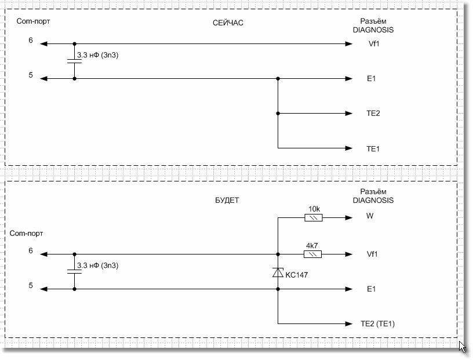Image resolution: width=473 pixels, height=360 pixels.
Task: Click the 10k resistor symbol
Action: pos(313,218)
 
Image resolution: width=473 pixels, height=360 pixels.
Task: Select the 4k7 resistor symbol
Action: pos(313,254)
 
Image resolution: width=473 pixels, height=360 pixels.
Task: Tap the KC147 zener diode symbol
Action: pos(278,272)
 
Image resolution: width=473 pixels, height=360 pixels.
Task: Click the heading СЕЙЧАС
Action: pos(228,23)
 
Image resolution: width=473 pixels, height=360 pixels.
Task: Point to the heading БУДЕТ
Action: pos(227,201)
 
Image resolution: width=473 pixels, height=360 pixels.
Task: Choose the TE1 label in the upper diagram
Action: pos(373,149)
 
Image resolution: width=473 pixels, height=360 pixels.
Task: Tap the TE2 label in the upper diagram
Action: pos(373,114)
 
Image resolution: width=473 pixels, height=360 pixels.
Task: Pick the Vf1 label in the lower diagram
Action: pos(372,254)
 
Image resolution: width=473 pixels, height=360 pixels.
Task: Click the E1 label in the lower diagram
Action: pos(371,289)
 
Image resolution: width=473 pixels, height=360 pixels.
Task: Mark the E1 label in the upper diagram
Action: pos(371,79)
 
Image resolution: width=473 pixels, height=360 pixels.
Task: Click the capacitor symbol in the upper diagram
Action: pos(74,61)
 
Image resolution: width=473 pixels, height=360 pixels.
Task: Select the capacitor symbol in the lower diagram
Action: pos(74,271)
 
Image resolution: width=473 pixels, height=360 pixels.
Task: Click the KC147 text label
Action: pos(297,275)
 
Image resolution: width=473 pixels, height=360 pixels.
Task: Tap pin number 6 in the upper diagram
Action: pos(31,41)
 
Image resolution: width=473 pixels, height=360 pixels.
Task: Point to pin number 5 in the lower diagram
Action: pos(31,285)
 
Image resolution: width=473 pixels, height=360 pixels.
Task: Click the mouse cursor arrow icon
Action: pos(462,347)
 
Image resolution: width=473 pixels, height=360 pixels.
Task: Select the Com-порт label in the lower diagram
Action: pos(26,233)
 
